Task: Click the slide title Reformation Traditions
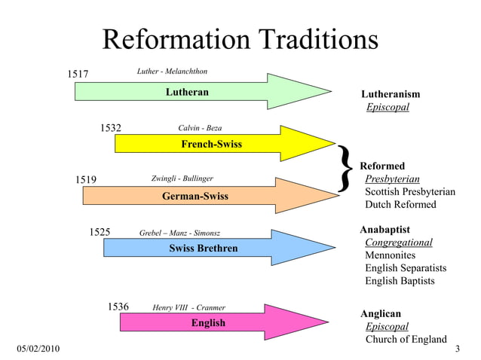click(x=240, y=39)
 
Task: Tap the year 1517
click(x=78, y=74)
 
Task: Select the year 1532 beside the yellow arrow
click(x=111, y=127)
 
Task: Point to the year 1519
click(x=86, y=179)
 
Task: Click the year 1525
click(x=100, y=232)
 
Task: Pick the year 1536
click(x=118, y=307)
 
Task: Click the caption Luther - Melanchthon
click(x=172, y=72)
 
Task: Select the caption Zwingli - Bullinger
click(x=182, y=178)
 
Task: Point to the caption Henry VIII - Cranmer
click(x=188, y=307)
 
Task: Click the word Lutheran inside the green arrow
click(x=187, y=92)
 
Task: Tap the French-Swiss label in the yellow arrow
click(x=212, y=144)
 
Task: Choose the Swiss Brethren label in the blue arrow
click(x=203, y=249)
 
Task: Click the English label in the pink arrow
click(x=208, y=323)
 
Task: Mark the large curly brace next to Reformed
click(x=346, y=167)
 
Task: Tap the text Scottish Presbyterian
click(x=410, y=192)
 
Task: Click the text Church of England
click(x=406, y=339)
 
